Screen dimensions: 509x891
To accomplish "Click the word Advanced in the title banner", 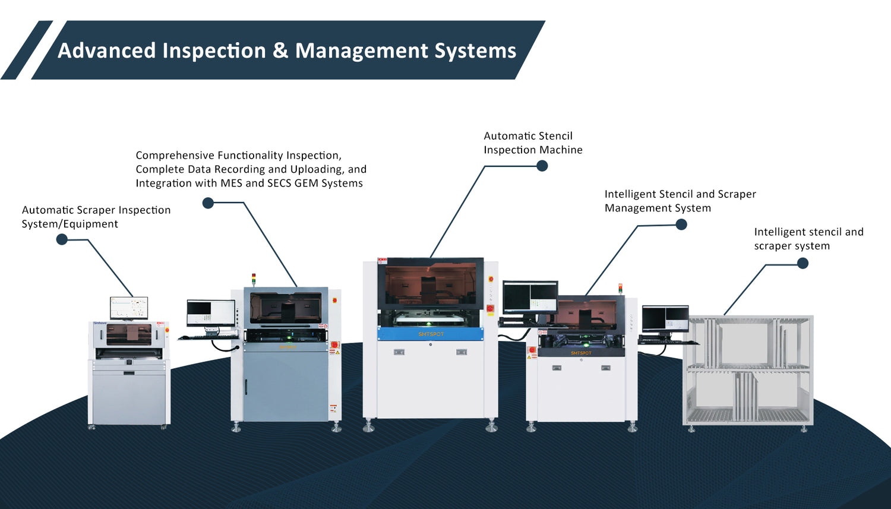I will click(106, 50).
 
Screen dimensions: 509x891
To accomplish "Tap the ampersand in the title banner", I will click(280, 50).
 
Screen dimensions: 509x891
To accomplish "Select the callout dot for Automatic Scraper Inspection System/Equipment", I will click(62, 239).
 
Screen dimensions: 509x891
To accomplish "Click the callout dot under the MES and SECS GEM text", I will click(208, 203).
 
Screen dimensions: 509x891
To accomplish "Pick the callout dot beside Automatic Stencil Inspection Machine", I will click(542, 166).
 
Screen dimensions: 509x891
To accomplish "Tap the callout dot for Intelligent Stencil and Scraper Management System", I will click(681, 225).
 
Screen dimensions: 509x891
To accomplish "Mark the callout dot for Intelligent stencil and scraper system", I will click(802, 263).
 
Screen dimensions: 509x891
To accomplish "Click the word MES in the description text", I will click(231, 184).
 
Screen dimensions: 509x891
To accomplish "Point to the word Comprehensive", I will click(175, 156).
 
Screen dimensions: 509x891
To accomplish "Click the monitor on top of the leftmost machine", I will click(129, 308).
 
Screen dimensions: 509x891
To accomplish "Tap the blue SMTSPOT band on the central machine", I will click(431, 334).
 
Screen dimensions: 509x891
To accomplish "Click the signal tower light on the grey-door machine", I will click(254, 279).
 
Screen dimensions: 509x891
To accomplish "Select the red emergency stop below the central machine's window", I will click(489, 308).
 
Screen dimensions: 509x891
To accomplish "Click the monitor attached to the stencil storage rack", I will click(665, 319).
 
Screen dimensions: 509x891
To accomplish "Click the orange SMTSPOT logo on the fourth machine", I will click(581, 353).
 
